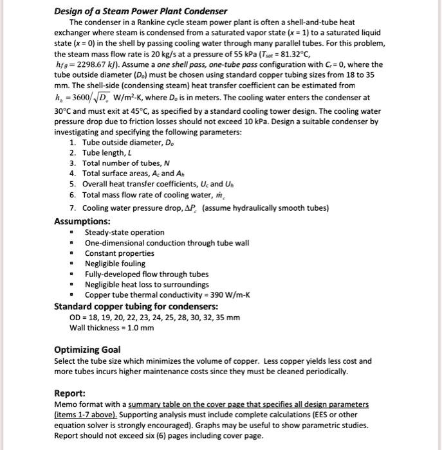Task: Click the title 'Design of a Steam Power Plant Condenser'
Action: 140,12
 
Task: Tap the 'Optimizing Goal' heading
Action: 87,350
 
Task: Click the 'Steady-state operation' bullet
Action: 124,232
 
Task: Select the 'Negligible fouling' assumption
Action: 115,264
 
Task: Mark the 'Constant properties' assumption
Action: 118,253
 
